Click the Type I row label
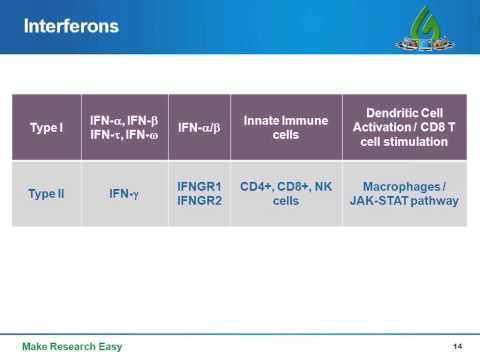46,128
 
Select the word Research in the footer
77,346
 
